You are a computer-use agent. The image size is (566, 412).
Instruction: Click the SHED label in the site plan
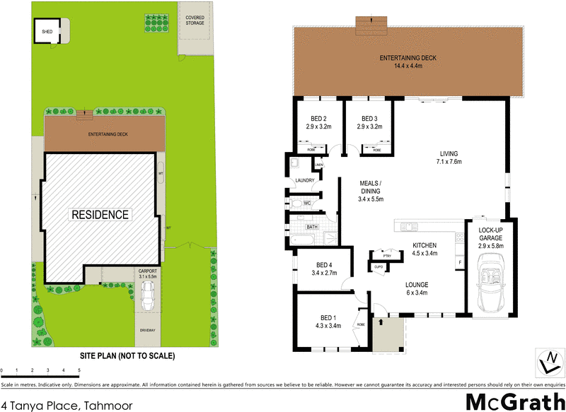click(47, 31)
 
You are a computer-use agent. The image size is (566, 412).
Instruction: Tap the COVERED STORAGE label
click(195, 20)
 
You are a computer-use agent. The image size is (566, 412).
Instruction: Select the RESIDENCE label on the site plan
click(100, 215)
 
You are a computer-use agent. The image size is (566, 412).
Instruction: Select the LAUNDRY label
click(304, 180)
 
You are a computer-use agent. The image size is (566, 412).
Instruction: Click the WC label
click(307, 204)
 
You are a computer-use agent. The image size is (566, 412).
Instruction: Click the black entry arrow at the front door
click(381, 322)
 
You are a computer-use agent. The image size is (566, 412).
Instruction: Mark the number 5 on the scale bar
click(79, 370)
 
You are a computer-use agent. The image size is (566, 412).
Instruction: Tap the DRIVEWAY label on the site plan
click(148, 330)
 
